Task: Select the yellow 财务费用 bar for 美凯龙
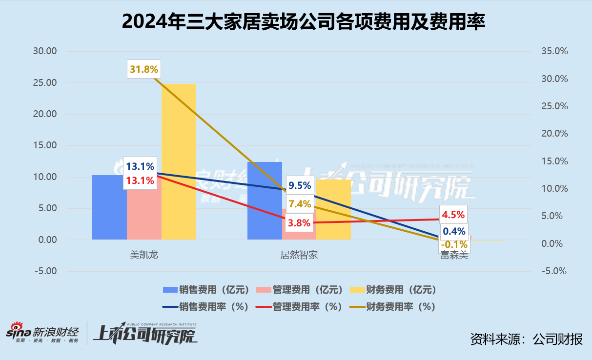click(179, 161)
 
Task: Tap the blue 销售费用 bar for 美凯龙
click(109, 207)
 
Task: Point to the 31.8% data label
click(144, 69)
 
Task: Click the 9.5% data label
click(300, 185)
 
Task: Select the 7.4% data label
click(300, 204)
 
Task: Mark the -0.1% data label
click(453, 243)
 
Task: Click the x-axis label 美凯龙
click(144, 255)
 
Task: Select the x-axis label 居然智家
click(299, 255)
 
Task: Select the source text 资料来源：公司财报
click(526, 339)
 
